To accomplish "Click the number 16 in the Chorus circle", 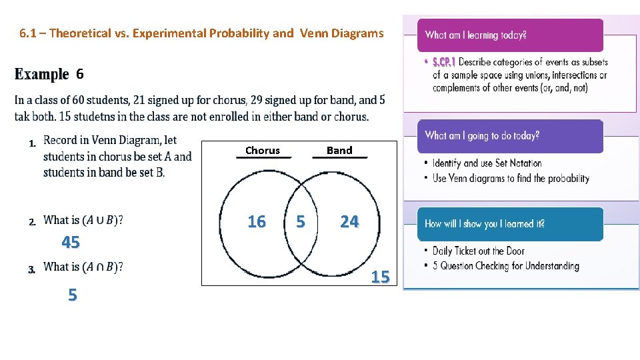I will point(257,221).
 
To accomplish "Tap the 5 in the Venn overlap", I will point(301,221).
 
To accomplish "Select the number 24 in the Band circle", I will point(349,221).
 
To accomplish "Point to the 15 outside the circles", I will point(380,277).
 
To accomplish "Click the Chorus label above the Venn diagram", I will point(263,151).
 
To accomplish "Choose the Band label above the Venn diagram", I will point(339,151).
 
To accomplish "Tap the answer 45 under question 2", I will point(71,243).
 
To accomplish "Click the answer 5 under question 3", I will point(72,295).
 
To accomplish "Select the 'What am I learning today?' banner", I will point(510,35).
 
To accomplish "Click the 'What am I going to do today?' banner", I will point(510,136).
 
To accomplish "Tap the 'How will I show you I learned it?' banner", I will point(510,224).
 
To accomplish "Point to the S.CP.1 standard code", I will point(443,62).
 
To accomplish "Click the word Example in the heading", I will point(41,74).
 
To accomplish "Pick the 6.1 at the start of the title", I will point(27,33).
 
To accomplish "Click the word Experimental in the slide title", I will point(161,33).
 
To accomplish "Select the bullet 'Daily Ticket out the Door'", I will point(478,251).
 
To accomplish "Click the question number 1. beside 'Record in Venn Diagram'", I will point(31,143).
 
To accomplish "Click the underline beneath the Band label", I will point(340,158).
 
